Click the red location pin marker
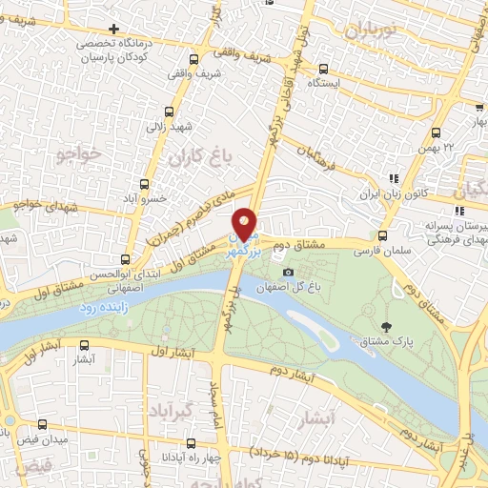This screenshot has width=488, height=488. point(245,225)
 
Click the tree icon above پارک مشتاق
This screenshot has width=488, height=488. point(385,327)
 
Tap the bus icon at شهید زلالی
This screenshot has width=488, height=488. point(170,111)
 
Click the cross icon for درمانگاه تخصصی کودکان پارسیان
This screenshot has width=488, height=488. point(114,30)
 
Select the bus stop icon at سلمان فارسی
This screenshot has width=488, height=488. point(383,236)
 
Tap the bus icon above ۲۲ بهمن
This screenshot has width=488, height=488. point(436,133)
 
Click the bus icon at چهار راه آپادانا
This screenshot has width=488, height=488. point(192,443)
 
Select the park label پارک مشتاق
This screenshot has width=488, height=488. point(385,340)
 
